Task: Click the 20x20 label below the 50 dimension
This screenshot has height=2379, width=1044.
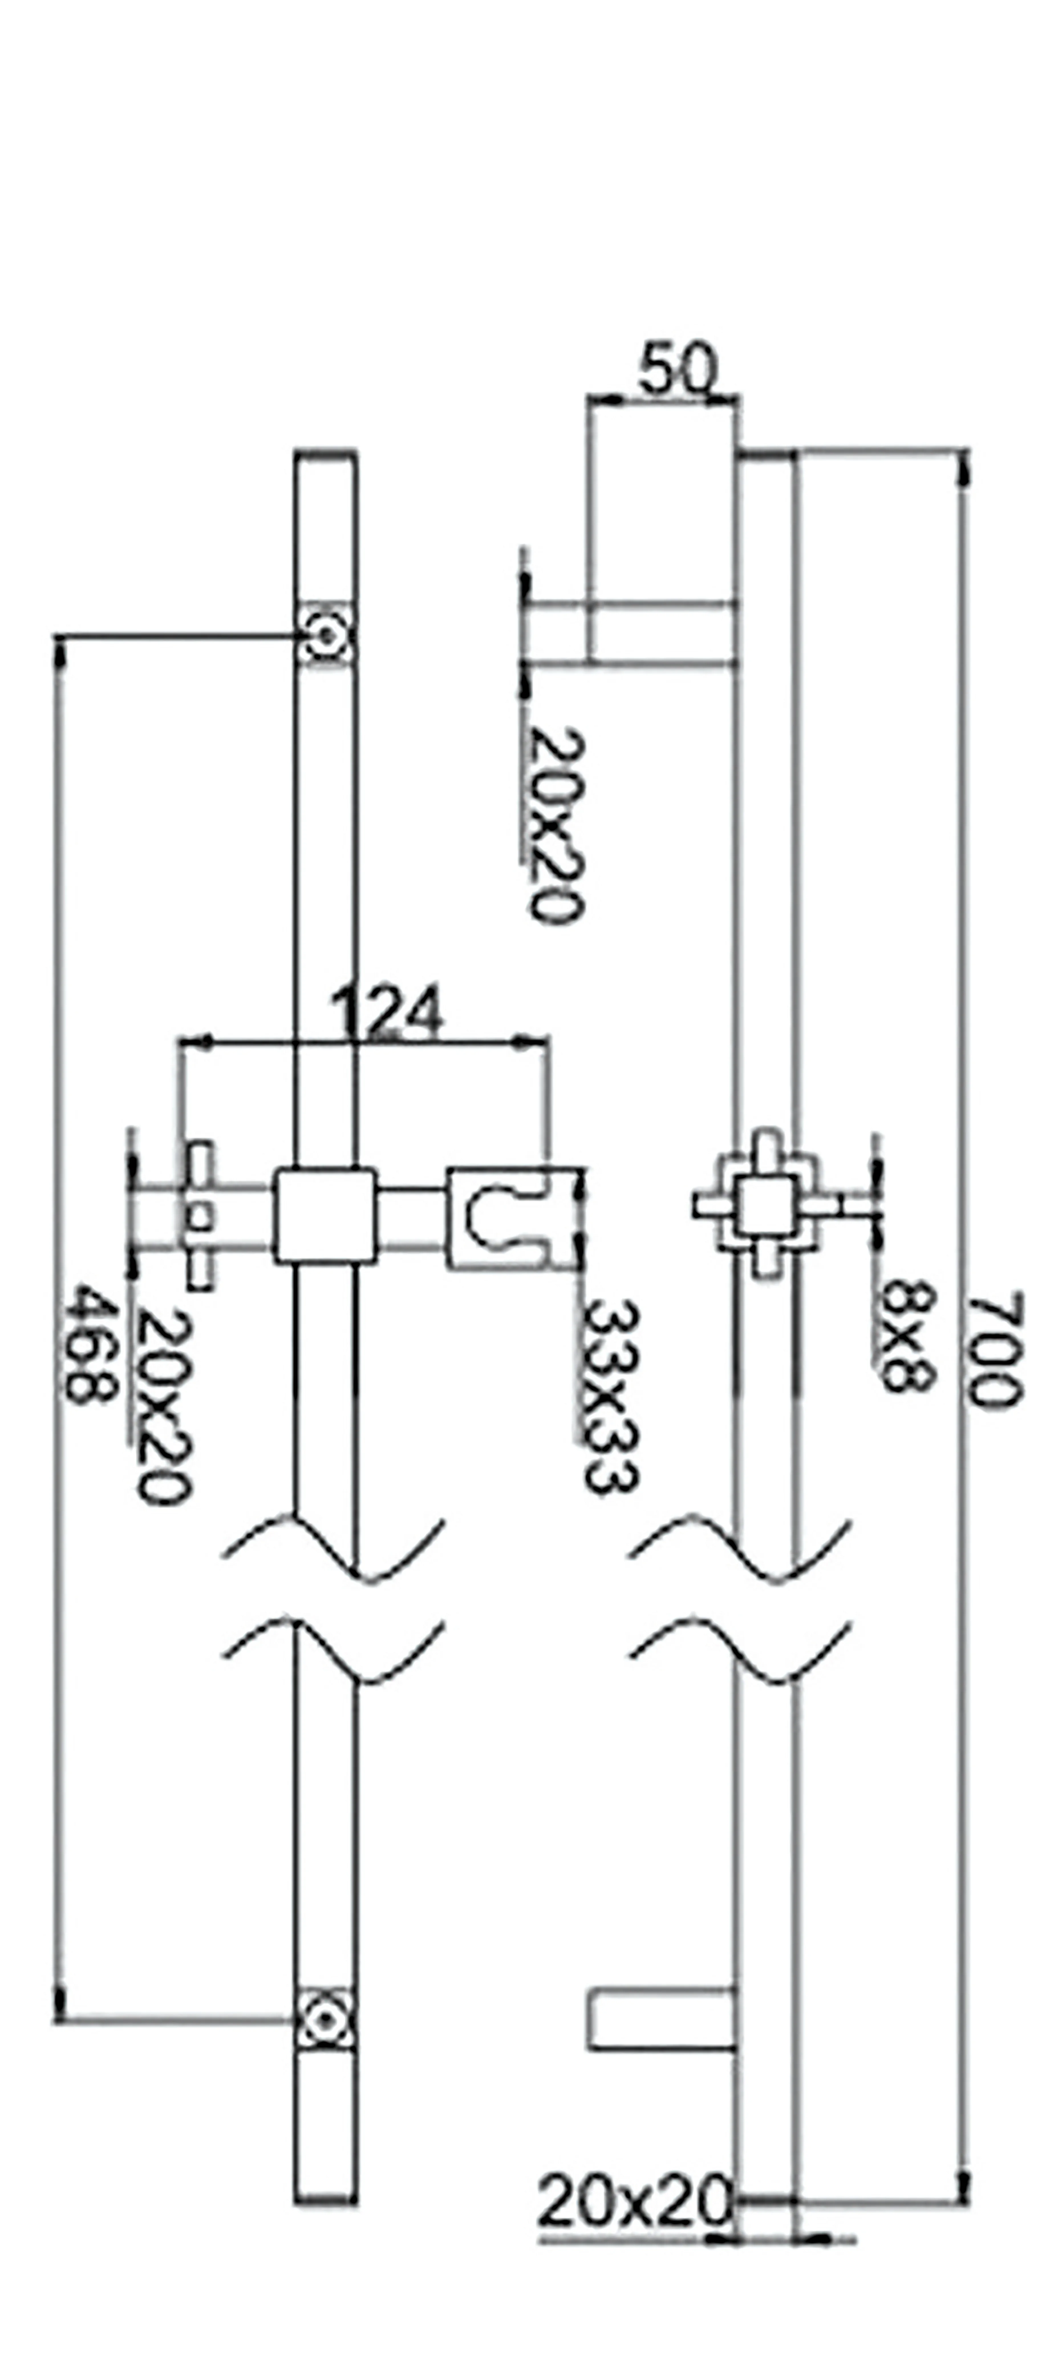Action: click(x=558, y=825)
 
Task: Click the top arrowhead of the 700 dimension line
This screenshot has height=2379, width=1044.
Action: click(x=965, y=466)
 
